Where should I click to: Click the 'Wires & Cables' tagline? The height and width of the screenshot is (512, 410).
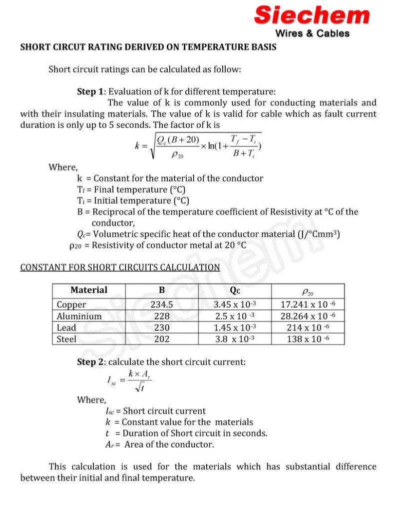[312, 33]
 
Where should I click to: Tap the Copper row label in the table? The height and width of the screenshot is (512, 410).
[71, 304]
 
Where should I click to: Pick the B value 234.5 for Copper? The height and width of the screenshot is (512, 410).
[162, 304]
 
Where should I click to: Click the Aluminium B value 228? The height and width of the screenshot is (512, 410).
[162, 316]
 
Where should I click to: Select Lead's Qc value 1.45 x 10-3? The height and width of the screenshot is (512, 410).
[235, 327]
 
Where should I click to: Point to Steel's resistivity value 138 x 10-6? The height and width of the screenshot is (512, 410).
[308, 339]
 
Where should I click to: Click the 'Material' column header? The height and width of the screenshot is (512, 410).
[88, 290]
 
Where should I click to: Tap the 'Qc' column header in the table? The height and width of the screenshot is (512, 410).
[235, 290]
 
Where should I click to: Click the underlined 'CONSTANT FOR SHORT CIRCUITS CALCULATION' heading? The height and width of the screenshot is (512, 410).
[120, 267]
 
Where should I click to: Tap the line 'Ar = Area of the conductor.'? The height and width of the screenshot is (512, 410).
[156, 444]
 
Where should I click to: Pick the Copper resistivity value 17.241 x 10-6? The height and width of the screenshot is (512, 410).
[308, 304]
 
